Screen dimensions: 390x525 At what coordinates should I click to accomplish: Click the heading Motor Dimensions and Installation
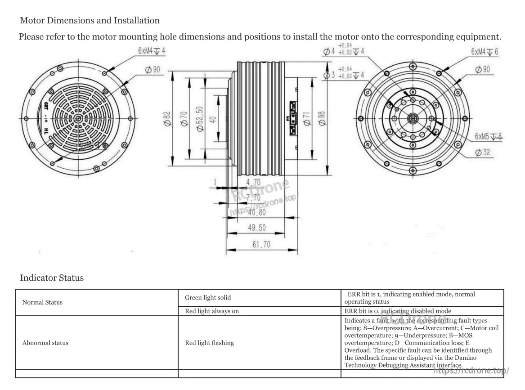pyautogui.click(x=90, y=20)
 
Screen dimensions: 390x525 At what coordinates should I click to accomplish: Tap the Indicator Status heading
pyautogui.click(x=52, y=278)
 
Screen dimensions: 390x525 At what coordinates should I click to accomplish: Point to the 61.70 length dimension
pyautogui.click(x=261, y=245)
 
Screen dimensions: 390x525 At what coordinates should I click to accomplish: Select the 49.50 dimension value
pyautogui.click(x=257, y=228)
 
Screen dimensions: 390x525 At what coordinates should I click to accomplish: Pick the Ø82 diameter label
pyautogui.click(x=167, y=119)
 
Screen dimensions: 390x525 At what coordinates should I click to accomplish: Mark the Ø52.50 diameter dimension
pyautogui.click(x=200, y=119)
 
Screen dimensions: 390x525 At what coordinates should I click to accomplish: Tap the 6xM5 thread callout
pyautogui.click(x=488, y=136)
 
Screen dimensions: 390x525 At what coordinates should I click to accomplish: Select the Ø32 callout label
pyautogui.click(x=483, y=153)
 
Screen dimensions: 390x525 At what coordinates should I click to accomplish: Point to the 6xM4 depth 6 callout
pyautogui.click(x=485, y=52)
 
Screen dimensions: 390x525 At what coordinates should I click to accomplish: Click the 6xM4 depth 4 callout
pyautogui.click(x=151, y=51)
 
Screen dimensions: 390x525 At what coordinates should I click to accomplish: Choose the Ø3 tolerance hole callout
pyautogui.click(x=344, y=75)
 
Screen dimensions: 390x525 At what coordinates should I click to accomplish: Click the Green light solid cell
pyautogui.click(x=208, y=297)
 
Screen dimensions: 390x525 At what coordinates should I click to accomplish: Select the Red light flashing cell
pyautogui.click(x=210, y=343)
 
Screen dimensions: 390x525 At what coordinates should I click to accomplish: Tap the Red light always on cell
pyautogui.click(x=212, y=311)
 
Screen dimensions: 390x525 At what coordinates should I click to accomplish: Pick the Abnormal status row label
pyautogui.click(x=45, y=343)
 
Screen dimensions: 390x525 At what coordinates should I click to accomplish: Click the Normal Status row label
pyautogui.click(x=42, y=302)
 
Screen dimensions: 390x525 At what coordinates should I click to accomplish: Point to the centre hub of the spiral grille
pyautogui.click(x=78, y=119)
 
